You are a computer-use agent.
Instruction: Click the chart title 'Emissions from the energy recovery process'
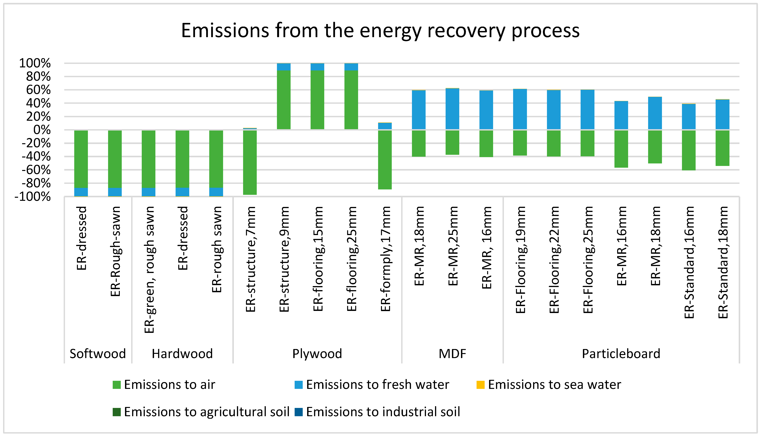point(380,31)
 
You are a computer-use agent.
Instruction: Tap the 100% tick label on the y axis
point(35,63)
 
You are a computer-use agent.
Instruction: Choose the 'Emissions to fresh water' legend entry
point(372,385)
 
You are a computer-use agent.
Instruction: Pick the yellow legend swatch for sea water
point(481,385)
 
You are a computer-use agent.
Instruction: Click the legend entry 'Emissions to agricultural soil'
point(201,412)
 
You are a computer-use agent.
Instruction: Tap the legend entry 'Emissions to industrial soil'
point(377,412)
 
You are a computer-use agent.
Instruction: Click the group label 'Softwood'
point(98,354)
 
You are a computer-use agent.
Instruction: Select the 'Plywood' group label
point(317,354)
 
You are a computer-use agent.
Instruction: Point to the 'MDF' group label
point(453,354)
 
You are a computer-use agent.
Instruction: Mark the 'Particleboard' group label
point(621,354)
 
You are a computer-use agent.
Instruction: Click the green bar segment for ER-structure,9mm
point(284,100)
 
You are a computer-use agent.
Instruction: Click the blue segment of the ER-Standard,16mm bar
point(689,117)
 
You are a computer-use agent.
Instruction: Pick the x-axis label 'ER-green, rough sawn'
point(149,270)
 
